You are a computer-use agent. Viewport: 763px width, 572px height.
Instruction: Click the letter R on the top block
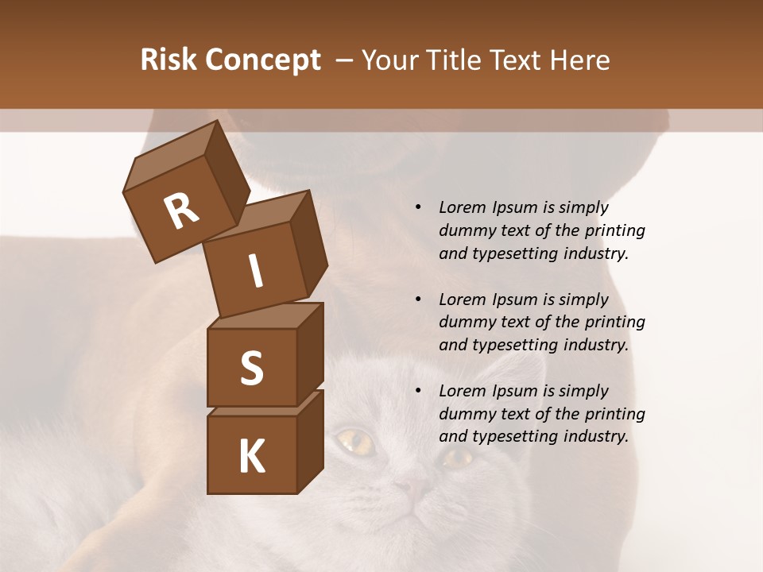click(x=181, y=211)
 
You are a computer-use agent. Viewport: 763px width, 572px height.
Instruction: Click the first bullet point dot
click(x=419, y=208)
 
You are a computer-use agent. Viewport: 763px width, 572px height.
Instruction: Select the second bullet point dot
click(x=419, y=300)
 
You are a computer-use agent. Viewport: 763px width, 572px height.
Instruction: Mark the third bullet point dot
click(x=419, y=392)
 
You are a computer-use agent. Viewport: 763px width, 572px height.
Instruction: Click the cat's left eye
click(x=355, y=442)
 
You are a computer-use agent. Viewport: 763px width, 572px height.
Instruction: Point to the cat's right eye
click(x=457, y=457)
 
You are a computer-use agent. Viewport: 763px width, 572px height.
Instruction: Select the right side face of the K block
click(x=310, y=441)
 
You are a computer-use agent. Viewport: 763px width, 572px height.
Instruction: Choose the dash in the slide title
click(x=345, y=60)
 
